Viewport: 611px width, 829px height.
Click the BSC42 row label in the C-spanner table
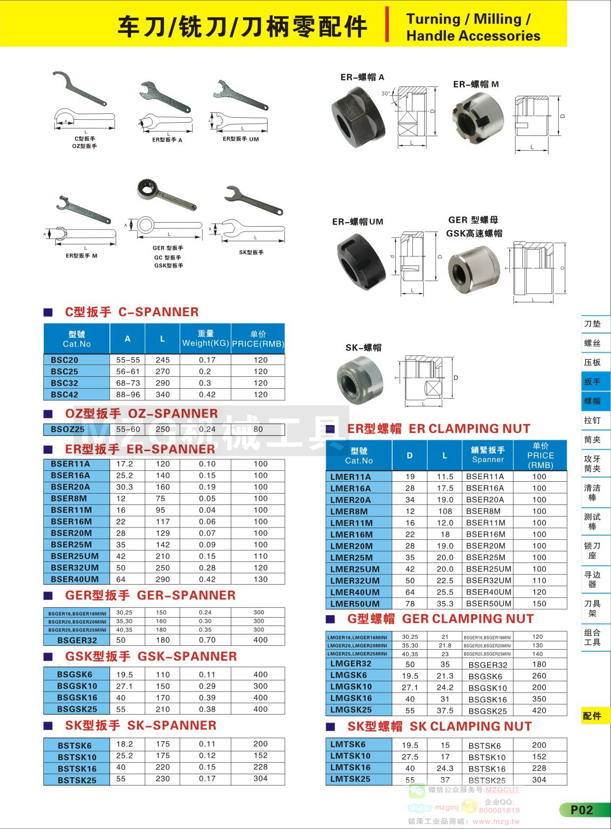point(65,395)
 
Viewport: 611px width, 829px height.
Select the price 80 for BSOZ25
point(258,429)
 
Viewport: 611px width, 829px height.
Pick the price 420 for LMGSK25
point(539,710)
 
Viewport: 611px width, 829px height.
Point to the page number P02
point(582,810)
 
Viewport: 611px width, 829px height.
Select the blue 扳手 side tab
point(592,382)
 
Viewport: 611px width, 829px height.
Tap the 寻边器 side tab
point(592,579)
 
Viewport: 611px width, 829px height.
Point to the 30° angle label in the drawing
point(385,94)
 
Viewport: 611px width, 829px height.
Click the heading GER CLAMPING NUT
point(468,619)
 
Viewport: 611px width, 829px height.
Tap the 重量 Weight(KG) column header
point(205,338)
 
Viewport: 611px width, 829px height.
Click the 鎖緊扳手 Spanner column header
point(488,455)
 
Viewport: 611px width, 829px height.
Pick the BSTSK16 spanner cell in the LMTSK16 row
point(487,768)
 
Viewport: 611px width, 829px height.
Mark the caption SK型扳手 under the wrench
point(251,252)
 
